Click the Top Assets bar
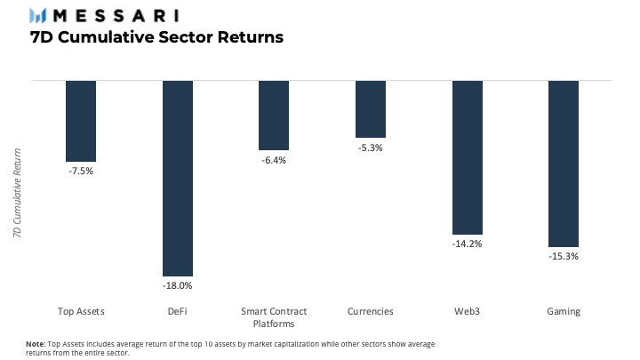pos(81,121)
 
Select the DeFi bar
pos(178,179)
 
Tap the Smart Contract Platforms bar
pos(274,115)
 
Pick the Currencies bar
pos(370,109)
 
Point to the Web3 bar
pos(468,157)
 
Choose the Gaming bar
pos(564,164)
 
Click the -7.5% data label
pos(81,171)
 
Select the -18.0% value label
pos(177,285)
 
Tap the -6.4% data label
pos(274,160)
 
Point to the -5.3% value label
pos(370,148)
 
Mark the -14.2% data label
pos(467,244)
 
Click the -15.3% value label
pos(564,256)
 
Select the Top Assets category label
pos(81,311)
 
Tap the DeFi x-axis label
pos(177,311)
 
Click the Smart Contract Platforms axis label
pos(274,317)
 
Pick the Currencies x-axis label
pos(370,311)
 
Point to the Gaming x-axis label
pos(564,312)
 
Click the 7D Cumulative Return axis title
pos(17,193)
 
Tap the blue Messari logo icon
pos(37,16)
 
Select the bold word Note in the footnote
pos(36,344)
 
